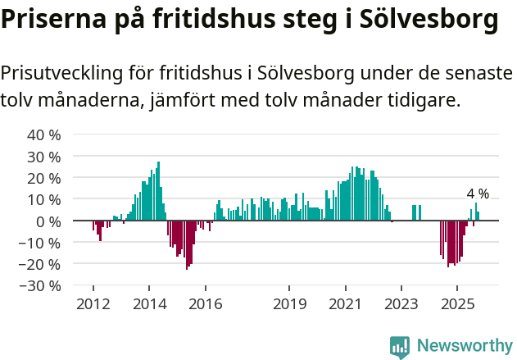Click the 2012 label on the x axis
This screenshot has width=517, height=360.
tap(93, 304)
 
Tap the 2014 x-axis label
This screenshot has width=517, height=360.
tap(149, 304)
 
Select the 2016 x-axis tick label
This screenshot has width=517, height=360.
tap(205, 304)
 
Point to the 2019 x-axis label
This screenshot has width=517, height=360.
tap(289, 304)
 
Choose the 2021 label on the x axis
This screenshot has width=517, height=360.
tap(345, 304)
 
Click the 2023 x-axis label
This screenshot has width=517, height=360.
tap(401, 304)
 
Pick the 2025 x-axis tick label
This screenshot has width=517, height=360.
tap(457, 304)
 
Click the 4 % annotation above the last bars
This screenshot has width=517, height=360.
tap(478, 194)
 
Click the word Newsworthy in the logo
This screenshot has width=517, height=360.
tap(465, 346)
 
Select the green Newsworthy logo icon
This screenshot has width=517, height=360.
tap(400, 347)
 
